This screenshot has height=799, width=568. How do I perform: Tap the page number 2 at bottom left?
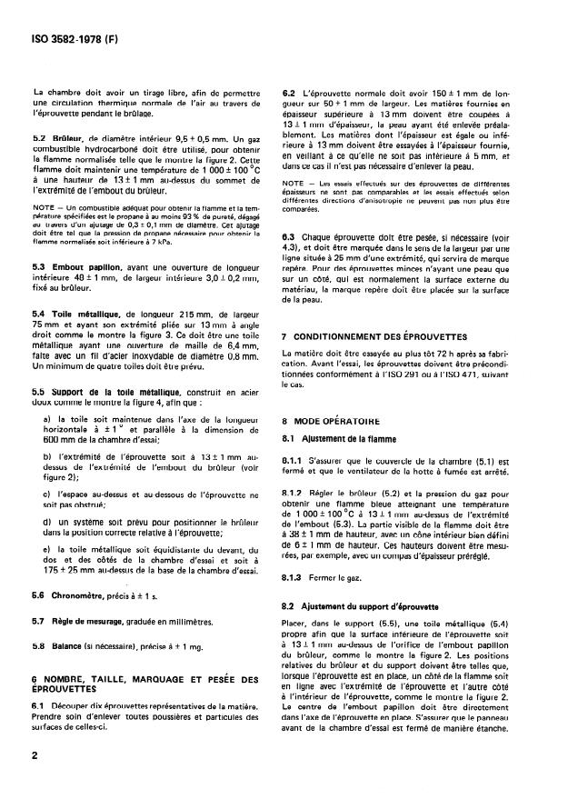34,779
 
